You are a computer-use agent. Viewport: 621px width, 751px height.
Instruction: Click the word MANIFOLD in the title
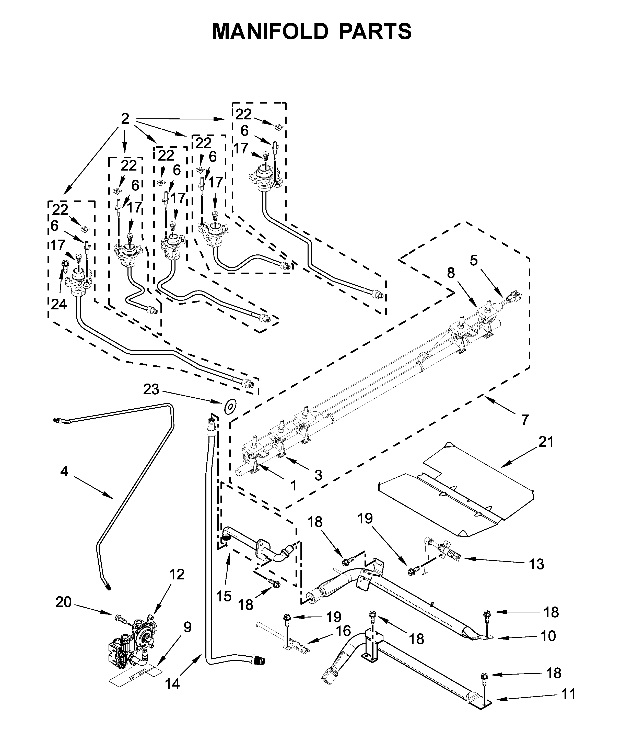pyautogui.click(x=270, y=31)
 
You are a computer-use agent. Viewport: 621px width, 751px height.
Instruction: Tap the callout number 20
pyautogui.click(x=64, y=602)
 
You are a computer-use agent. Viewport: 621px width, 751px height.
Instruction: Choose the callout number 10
pyautogui.click(x=548, y=636)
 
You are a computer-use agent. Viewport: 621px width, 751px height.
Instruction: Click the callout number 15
pyautogui.click(x=224, y=596)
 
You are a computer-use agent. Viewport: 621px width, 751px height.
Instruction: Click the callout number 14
pyautogui.click(x=172, y=684)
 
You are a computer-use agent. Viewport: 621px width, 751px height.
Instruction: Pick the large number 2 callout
pyautogui.click(x=125, y=119)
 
